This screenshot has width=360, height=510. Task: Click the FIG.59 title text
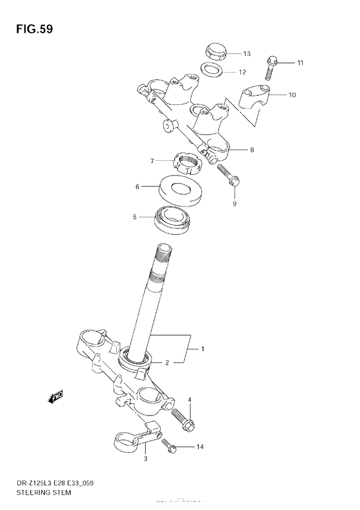click(x=30, y=30)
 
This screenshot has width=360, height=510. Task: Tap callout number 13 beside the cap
click(x=247, y=53)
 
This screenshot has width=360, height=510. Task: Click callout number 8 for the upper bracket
click(x=252, y=150)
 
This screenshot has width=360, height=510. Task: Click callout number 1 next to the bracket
click(x=203, y=349)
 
